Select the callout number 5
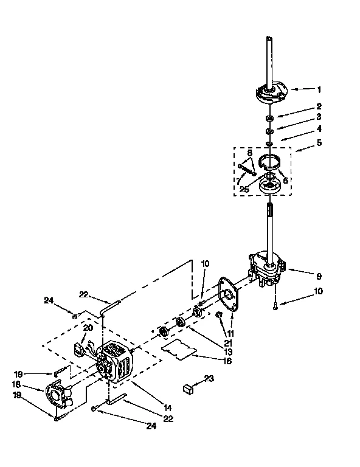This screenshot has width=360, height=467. (x=319, y=144)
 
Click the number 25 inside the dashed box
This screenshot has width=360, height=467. (x=244, y=189)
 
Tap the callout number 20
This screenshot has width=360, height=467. (x=88, y=327)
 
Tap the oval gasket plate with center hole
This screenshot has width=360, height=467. (x=230, y=298)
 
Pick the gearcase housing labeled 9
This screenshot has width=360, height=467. (x=266, y=268)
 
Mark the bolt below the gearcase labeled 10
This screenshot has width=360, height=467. (x=275, y=305)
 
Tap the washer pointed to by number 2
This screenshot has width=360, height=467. (x=269, y=117)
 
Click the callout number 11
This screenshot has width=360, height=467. (x=230, y=334)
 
